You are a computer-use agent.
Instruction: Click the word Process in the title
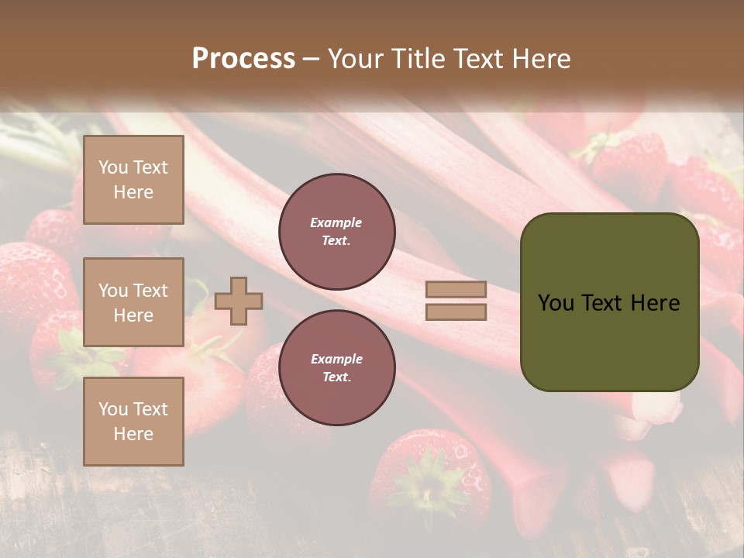[243, 59]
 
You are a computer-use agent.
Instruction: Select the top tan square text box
[133, 180]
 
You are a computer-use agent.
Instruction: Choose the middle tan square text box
[133, 302]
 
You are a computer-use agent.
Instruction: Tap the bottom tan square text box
[133, 422]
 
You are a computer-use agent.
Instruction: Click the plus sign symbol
[239, 301]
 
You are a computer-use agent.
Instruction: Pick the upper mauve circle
[337, 232]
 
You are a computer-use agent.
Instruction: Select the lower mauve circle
[337, 368]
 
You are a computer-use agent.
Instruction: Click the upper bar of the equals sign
[456, 290]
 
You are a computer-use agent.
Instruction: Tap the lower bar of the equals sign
[456, 312]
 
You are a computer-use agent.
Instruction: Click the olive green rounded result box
[609, 302]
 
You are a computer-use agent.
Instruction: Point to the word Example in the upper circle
[336, 222]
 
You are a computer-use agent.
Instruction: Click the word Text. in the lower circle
[336, 377]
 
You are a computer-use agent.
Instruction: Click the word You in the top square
[112, 167]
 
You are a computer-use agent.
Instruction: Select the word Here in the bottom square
[133, 434]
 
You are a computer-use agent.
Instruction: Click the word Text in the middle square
[150, 291]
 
